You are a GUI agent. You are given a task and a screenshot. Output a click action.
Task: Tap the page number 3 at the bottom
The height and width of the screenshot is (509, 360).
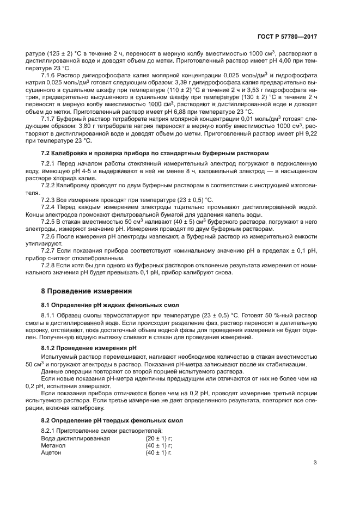[x=315, y=463]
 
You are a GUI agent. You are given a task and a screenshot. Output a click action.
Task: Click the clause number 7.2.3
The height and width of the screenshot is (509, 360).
[x=49, y=200]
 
